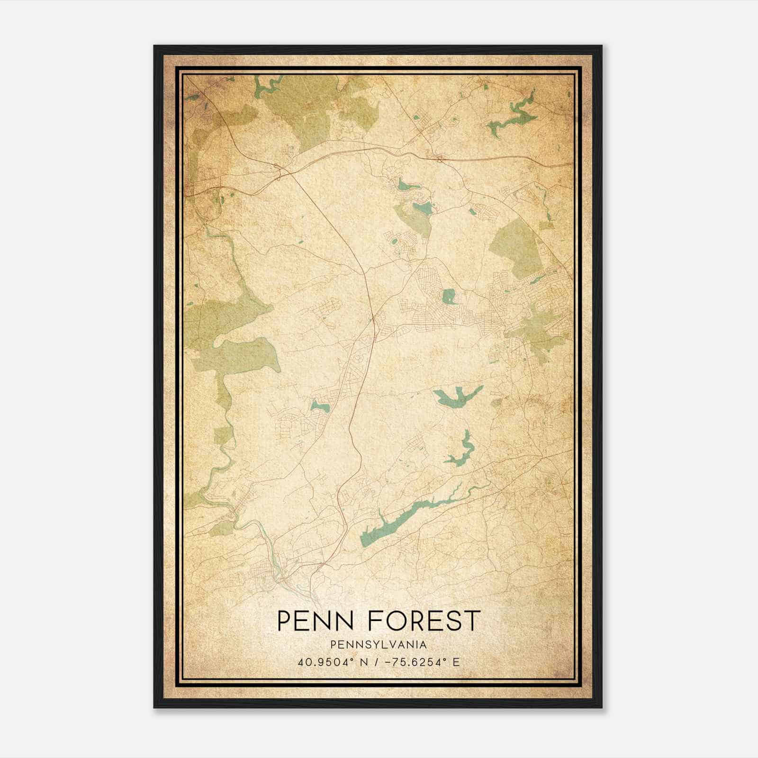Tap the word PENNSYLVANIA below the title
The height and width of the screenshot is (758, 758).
pyautogui.click(x=379, y=645)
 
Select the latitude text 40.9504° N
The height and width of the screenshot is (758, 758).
pyautogui.click(x=329, y=662)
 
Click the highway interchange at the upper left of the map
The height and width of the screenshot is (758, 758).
pyautogui.click(x=279, y=171)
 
